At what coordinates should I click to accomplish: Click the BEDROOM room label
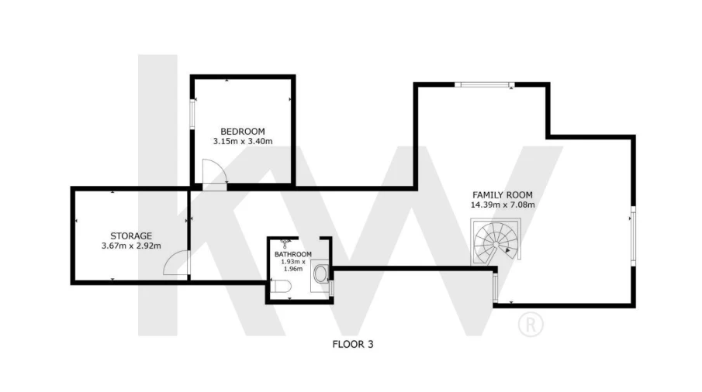(243, 132)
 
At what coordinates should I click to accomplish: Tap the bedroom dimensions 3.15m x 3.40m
(243, 141)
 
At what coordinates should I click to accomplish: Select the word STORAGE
(131, 236)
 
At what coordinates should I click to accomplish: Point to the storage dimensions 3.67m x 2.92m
(131, 246)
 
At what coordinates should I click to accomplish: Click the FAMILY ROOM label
(503, 195)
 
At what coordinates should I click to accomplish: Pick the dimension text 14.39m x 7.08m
(503, 205)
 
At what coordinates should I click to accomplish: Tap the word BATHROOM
(293, 254)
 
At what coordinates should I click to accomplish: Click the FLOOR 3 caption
(353, 344)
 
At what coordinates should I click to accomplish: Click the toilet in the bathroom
(282, 286)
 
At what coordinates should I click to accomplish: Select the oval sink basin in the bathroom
(321, 274)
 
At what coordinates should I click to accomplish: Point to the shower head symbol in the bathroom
(285, 243)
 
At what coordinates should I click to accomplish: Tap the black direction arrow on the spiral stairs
(507, 251)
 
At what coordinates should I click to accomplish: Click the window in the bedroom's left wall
(192, 114)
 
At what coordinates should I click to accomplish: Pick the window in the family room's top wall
(484, 84)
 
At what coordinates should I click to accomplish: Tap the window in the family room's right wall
(633, 236)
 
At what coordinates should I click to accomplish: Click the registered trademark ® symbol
(531, 325)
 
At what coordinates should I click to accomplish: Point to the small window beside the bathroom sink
(331, 287)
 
